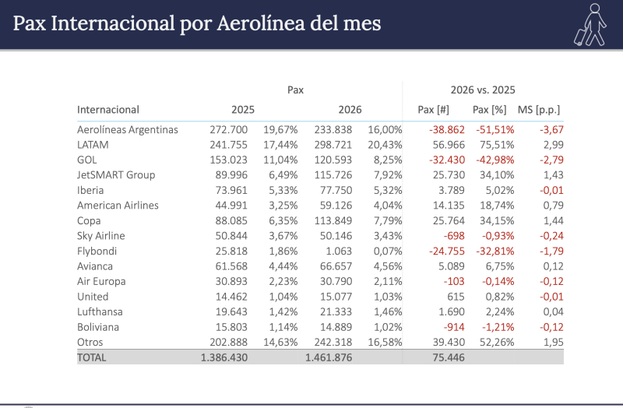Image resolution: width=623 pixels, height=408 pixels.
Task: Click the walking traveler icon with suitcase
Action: [590, 25]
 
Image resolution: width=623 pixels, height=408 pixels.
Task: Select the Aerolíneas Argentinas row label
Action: [128, 129]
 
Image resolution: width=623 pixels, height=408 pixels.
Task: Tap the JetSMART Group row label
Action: [116, 174]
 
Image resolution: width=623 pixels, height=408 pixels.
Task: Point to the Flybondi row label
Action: [97, 251]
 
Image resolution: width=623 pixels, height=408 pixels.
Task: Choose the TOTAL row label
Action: [91, 357]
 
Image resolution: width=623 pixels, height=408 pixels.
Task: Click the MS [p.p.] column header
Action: [538, 110]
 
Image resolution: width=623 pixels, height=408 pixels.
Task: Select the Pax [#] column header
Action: [433, 110]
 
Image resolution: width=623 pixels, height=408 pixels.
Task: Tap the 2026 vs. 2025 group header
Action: [483, 90]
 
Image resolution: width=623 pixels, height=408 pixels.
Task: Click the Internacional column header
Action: [108, 110]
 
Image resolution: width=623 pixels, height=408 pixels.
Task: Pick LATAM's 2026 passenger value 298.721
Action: [333, 145]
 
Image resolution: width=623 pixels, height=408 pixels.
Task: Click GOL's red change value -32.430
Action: [447, 160]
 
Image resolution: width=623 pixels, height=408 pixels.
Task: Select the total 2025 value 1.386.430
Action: [224, 357]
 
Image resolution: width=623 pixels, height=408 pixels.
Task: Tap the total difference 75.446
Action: [449, 357]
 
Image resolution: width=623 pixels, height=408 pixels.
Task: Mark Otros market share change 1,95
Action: [554, 342]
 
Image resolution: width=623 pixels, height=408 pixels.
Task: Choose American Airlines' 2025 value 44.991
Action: [231, 206]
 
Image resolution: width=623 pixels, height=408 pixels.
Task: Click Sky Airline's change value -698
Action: [454, 236]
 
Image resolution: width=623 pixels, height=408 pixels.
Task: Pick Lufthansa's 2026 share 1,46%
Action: [388, 312]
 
